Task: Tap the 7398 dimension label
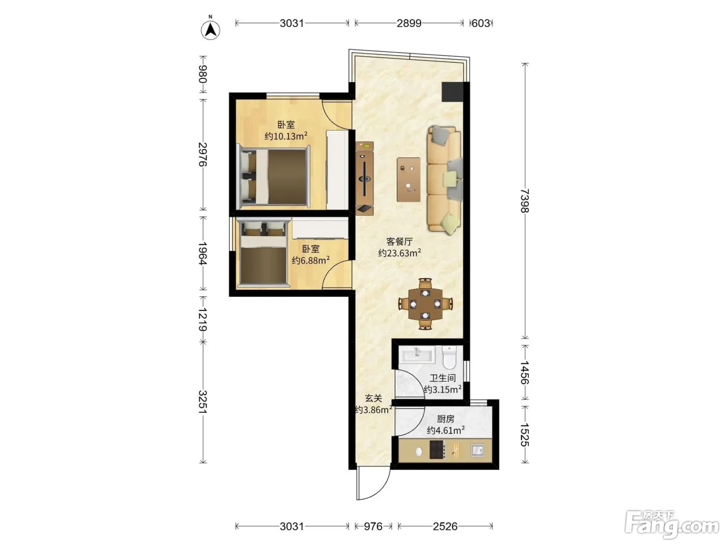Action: pyautogui.click(x=525, y=201)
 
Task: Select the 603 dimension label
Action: pyautogui.click(x=480, y=23)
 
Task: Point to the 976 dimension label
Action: pyautogui.click(x=373, y=526)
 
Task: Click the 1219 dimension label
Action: pyautogui.click(x=203, y=319)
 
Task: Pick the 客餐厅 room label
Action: pyautogui.click(x=399, y=241)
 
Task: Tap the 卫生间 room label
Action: pyautogui.click(x=443, y=378)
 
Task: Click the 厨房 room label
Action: pyautogui.click(x=445, y=419)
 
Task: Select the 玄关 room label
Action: pyautogui.click(x=373, y=398)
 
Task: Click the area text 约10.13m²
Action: pyautogui.click(x=286, y=136)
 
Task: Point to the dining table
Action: pyautogui.click(x=425, y=304)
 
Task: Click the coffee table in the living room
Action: pyautogui.click(x=409, y=180)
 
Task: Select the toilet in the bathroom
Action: pyautogui.click(x=449, y=358)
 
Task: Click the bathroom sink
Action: pyautogui.click(x=418, y=355)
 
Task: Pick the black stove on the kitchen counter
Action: pyautogui.click(x=436, y=450)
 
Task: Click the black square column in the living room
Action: pyautogui.click(x=452, y=92)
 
